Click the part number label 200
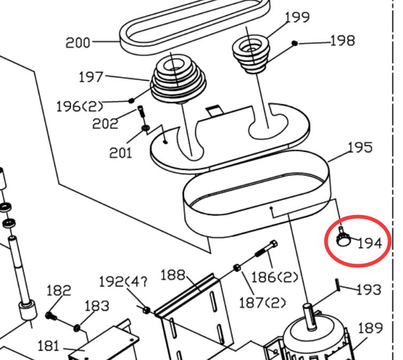pyautogui.click(x=78, y=42)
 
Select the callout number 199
pyautogui.click(x=297, y=17)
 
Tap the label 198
pyautogui.click(x=342, y=41)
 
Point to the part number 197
pyautogui.click(x=91, y=77)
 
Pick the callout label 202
pyautogui.click(x=105, y=124)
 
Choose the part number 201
pyautogui.click(x=120, y=153)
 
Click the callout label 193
pyautogui.click(x=368, y=289)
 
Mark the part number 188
pyautogui.click(x=173, y=276)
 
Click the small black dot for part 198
pyautogui.click(x=294, y=43)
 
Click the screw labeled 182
pyautogui.click(x=50, y=316)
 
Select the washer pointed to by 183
pyautogui.click(x=78, y=327)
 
